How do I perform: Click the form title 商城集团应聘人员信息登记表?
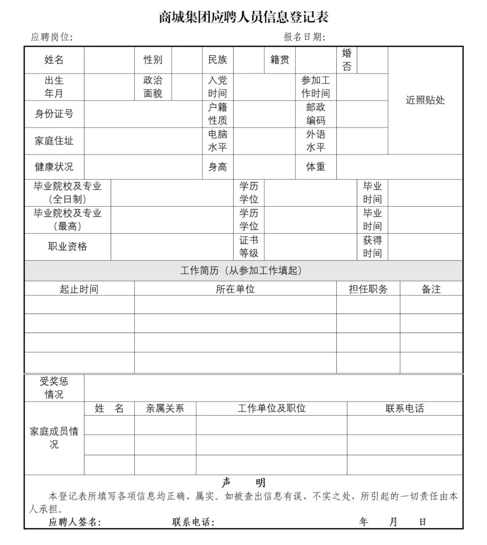click(243, 17)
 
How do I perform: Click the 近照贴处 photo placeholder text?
click(425, 100)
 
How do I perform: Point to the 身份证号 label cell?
click(54, 114)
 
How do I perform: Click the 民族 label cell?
click(217, 60)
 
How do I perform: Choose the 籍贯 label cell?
click(280, 60)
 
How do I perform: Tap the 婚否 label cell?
click(346, 60)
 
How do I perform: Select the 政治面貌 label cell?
click(153, 87)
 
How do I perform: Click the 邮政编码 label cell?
click(316, 114)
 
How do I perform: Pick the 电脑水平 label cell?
click(217, 141)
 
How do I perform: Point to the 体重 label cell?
click(316, 167)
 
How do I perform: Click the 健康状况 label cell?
click(54, 167)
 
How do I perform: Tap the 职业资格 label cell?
click(68, 247)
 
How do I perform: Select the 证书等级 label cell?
click(248, 247)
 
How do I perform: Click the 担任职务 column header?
click(368, 289)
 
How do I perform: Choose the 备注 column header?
click(431, 289)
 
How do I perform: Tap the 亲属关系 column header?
click(165, 409)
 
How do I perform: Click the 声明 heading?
click(243, 483)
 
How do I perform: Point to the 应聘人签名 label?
click(75, 522)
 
